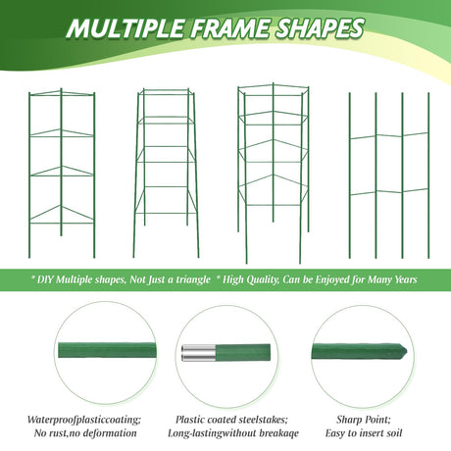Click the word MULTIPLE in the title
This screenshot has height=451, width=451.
click(125, 27)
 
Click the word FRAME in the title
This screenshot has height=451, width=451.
click(229, 27)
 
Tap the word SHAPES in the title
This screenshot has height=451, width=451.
click(320, 27)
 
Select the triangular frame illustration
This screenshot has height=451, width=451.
click(61, 174)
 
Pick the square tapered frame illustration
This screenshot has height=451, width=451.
click(166, 174)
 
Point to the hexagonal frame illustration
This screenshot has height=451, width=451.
click(274, 174)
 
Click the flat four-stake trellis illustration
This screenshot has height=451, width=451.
click(389, 175)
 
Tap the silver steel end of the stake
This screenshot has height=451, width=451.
click(198, 353)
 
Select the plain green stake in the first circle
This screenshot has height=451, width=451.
click(107, 350)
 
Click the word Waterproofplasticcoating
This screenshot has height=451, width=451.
click(84, 420)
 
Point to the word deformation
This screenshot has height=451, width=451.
click(110, 433)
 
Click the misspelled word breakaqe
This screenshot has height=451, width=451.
click(278, 433)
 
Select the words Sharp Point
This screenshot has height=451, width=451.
click(364, 420)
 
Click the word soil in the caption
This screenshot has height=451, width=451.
click(394, 433)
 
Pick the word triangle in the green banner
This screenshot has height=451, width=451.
click(193, 280)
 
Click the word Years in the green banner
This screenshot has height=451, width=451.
click(406, 279)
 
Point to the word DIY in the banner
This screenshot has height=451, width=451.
click(45, 280)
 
